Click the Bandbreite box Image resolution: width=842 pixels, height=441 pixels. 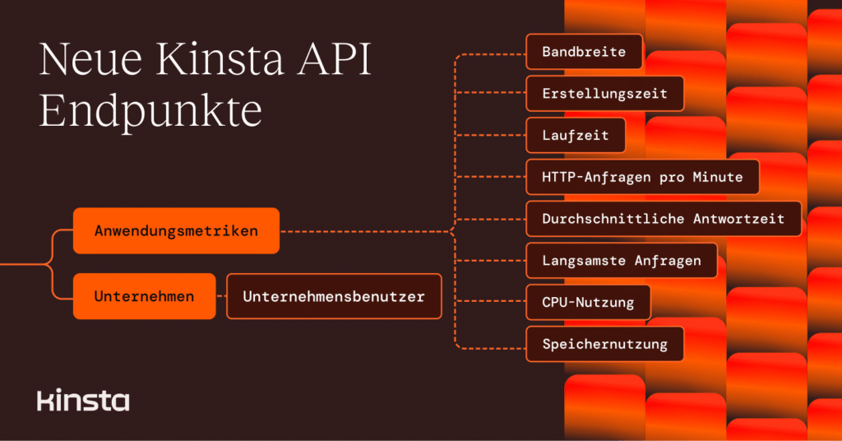pyautogui.click(x=584, y=52)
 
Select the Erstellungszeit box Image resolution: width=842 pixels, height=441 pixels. pyautogui.click(x=604, y=94)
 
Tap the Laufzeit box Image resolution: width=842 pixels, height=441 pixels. pyautogui.click(x=576, y=136)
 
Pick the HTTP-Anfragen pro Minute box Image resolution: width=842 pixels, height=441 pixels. pyautogui.click(x=642, y=177)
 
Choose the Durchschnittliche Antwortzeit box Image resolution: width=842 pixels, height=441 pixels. pyautogui.click(x=663, y=219)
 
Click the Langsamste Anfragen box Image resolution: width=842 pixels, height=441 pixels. pyautogui.click(x=622, y=261)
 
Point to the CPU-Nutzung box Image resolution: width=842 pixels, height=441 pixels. pyautogui.click(x=588, y=302)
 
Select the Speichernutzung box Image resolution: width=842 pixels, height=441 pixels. pyautogui.click(x=604, y=344)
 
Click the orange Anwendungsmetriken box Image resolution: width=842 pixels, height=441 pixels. pyautogui.click(x=176, y=231)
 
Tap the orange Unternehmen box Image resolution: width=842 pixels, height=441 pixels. pyautogui.click(x=144, y=296)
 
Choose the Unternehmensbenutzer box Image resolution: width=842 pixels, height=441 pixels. pyautogui.click(x=334, y=296)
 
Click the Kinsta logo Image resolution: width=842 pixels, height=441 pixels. pyautogui.click(x=83, y=401)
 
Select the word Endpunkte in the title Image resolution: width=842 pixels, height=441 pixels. pyautogui.click(x=150, y=111)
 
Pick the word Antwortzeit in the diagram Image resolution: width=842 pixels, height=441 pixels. pyautogui.click(x=739, y=219)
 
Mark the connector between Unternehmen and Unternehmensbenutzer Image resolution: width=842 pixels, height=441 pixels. pyautogui.click(x=221, y=296)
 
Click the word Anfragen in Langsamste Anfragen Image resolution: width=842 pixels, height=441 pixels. pyautogui.click(x=667, y=261)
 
